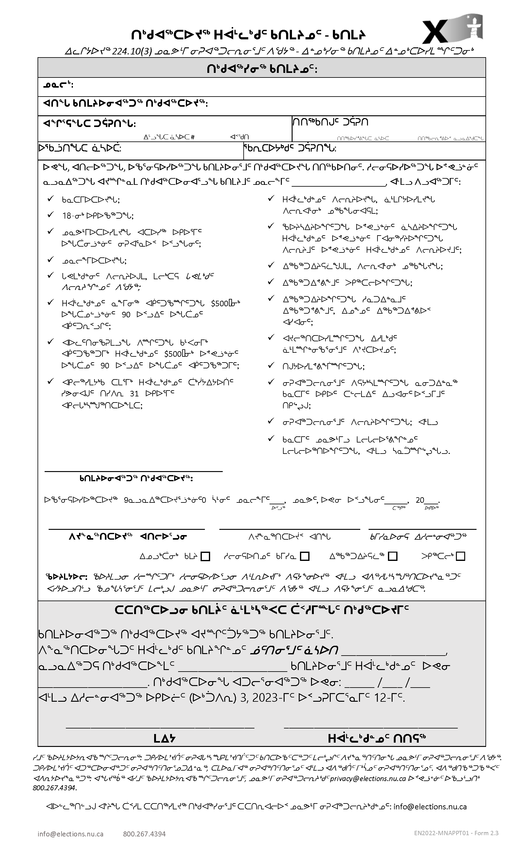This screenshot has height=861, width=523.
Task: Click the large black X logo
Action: point(435,32)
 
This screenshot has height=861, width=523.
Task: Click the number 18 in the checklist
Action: point(67,216)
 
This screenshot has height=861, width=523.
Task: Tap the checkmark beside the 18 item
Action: point(51,215)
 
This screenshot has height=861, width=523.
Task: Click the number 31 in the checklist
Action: point(134,394)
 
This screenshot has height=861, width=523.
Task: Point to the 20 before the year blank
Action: point(420,500)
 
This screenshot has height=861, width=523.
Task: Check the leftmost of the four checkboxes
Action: point(206,556)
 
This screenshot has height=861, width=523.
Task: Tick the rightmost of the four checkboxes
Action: point(461,556)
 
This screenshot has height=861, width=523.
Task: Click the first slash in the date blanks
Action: point(380,682)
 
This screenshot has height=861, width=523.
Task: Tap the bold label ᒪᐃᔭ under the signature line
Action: point(164,738)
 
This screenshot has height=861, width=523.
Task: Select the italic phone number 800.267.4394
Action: point(54,788)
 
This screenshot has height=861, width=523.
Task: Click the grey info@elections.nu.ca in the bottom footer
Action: point(71,834)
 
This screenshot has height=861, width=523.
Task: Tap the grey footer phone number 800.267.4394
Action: point(144,834)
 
